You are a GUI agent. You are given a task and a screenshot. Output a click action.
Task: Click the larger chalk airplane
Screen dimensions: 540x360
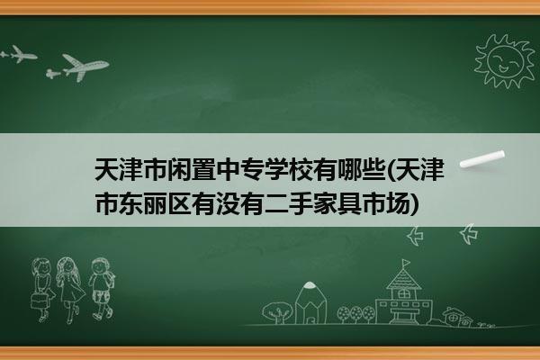[x=84, y=67]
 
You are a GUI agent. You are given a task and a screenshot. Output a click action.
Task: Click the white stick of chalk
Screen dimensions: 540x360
[x=482, y=159]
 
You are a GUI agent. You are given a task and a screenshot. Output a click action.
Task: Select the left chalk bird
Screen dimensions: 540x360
[x=415, y=236]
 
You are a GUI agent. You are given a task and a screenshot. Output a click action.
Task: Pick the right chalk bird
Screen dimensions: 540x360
[x=469, y=234]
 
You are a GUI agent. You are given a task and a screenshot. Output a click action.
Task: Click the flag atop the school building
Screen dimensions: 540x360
[x=407, y=263]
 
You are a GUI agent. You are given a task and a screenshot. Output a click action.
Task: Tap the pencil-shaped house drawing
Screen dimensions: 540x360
[x=310, y=302]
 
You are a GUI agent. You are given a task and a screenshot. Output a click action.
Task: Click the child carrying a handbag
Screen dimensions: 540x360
[x=42, y=290]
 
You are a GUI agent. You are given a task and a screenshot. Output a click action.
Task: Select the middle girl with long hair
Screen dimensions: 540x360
[x=70, y=289]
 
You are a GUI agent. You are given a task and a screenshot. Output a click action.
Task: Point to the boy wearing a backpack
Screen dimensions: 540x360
[x=102, y=288]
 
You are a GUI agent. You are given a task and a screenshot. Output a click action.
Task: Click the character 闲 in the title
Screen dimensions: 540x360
[x=179, y=170]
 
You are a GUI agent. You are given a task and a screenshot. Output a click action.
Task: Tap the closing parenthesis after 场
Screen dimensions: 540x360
[x=415, y=204]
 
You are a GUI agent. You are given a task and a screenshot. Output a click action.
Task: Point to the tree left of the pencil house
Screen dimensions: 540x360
[x=277, y=311]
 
